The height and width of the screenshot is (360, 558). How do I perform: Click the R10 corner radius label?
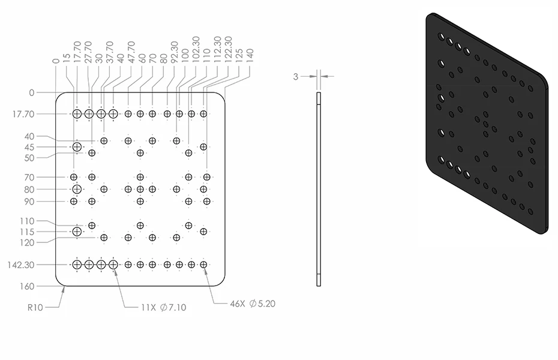(x=35, y=307)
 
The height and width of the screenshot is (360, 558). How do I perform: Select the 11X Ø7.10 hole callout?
(x=164, y=307)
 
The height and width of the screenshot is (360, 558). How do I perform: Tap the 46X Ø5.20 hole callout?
(x=253, y=304)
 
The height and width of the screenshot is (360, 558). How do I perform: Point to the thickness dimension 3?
(x=296, y=76)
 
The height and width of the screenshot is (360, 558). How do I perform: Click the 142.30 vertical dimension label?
(x=20, y=265)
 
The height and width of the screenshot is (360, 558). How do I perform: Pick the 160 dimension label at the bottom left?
(x=27, y=286)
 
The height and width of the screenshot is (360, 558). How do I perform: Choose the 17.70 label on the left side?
(x=23, y=114)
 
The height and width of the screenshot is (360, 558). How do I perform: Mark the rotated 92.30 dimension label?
(x=175, y=52)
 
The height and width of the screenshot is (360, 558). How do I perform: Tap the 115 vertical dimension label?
(x=28, y=232)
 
